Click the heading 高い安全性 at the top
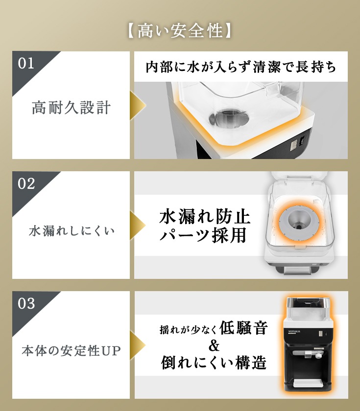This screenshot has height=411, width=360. click(180, 31)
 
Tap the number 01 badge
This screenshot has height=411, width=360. click(26, 64)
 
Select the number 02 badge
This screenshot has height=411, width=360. click(26, 183)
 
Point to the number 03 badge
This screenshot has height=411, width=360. click(26, 303)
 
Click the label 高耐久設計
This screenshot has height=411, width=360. click(71, 108)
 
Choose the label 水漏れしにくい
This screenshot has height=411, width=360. click(72, 230)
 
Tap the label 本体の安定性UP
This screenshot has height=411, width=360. click(72, 351)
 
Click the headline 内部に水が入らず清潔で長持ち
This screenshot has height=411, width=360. click(241, 67)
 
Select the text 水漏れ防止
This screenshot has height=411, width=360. click(205, 216)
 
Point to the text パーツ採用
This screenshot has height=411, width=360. click(203, 235)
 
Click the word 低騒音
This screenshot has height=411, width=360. click(243, 328)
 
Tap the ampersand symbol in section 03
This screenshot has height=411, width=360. click(214, 345)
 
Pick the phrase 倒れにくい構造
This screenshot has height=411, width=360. click(214, 363)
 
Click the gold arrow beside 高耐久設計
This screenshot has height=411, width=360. click(138, 105)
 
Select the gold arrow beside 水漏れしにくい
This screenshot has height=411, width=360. click(138, 225)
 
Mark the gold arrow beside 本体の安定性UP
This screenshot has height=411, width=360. click(138, 345)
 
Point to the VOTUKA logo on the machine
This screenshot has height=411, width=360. click(294, 332)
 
